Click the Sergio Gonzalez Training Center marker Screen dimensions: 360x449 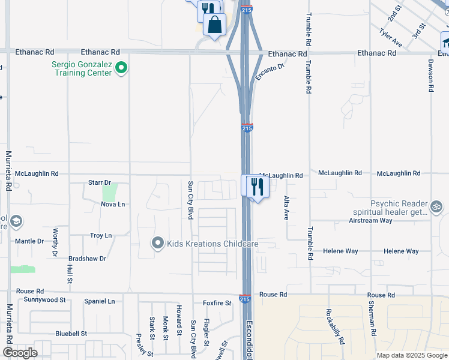tap(121, 68)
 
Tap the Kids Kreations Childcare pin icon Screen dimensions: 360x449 tap(157, 243)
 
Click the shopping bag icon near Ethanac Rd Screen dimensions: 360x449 tap(215, 25)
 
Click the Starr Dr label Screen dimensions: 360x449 tap(100, 182)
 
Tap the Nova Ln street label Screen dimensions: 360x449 tap(113, 204)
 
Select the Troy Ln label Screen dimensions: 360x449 tap(101, 236)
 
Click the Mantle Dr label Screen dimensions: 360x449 tap(29, 241)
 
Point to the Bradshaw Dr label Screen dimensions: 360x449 tap(87, 258)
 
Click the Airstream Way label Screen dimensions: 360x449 tap(370, 220)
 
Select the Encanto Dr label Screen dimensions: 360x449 tap(268, 72)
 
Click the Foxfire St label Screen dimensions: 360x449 tap(217, 303)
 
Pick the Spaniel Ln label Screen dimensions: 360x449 tap(99, 301)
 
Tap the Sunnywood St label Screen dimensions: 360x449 tap(40, 299)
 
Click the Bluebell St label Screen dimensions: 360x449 tap(71, 333)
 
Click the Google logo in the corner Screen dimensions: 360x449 tap(20, 353)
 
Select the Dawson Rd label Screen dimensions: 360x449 tap(431, 75)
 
